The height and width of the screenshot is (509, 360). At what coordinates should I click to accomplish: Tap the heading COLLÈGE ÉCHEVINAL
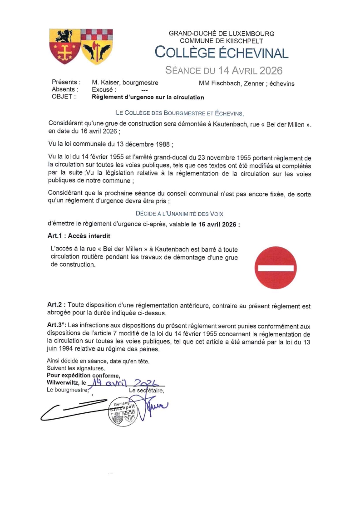(x=222, y=53)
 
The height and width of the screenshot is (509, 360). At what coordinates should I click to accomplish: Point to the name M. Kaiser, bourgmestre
(x=125, y=83)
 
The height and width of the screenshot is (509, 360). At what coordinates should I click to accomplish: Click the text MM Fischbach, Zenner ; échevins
(x=247, y=83)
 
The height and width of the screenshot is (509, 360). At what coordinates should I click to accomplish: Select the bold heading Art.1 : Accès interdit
(x=79, y=236)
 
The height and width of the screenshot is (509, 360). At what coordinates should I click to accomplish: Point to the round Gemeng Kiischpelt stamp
(x=123, y=411)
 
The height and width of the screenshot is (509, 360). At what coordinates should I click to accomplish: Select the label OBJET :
(x=64, y=97)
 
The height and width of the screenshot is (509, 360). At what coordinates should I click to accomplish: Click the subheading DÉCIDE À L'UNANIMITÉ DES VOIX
(x=179, y=213)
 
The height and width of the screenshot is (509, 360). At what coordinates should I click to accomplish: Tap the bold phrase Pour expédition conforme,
(x=84, y=375)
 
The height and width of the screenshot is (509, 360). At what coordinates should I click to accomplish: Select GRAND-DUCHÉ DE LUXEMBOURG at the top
(x=222, y=34)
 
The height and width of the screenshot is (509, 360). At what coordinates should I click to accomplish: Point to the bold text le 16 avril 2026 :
(x=216, y=224)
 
